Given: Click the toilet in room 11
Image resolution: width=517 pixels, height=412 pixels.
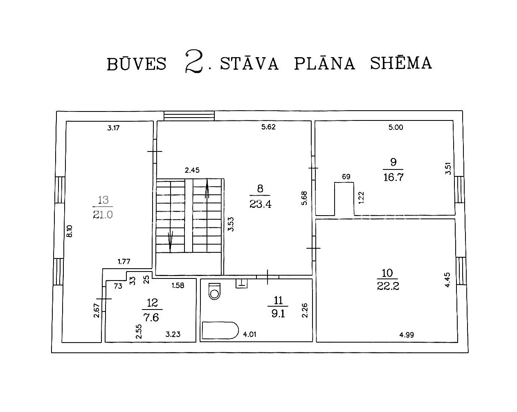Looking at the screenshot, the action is click(215, 291).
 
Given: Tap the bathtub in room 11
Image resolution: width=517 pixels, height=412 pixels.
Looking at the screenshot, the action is click(220, 330).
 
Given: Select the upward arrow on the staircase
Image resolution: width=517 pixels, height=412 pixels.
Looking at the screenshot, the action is click(207, 188).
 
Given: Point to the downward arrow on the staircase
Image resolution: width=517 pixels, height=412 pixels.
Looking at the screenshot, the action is click(170, 242).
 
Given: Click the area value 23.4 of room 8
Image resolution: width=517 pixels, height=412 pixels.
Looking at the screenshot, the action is click(261, 204).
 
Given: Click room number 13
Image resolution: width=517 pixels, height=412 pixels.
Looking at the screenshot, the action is click(103, 200).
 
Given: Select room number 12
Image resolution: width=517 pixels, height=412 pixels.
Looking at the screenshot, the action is click(152, 303).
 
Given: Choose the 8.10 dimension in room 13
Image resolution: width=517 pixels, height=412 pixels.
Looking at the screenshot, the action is click(70, 231).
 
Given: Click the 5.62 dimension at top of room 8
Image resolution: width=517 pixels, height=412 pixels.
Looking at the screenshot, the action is click(268, 127).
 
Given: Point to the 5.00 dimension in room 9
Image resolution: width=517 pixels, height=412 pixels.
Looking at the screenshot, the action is click(396, 127).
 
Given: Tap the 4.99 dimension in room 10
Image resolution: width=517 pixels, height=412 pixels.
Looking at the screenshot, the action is click(407, 335).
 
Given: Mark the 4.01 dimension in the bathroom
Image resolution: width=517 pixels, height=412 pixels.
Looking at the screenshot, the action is click(250, 334).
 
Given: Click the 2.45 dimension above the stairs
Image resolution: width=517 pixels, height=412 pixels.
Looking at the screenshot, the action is click(192, 170).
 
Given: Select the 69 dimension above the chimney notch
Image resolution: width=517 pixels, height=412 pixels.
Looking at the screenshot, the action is click(346, 177).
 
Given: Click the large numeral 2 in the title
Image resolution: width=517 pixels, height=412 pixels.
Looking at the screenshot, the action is click(194, 61).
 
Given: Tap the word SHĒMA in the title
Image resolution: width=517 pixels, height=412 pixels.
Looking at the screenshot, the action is click(401, 63).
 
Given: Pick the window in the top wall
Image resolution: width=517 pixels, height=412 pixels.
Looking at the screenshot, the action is click(189, 116).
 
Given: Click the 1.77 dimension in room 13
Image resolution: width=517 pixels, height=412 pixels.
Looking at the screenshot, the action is click(124, 262).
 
